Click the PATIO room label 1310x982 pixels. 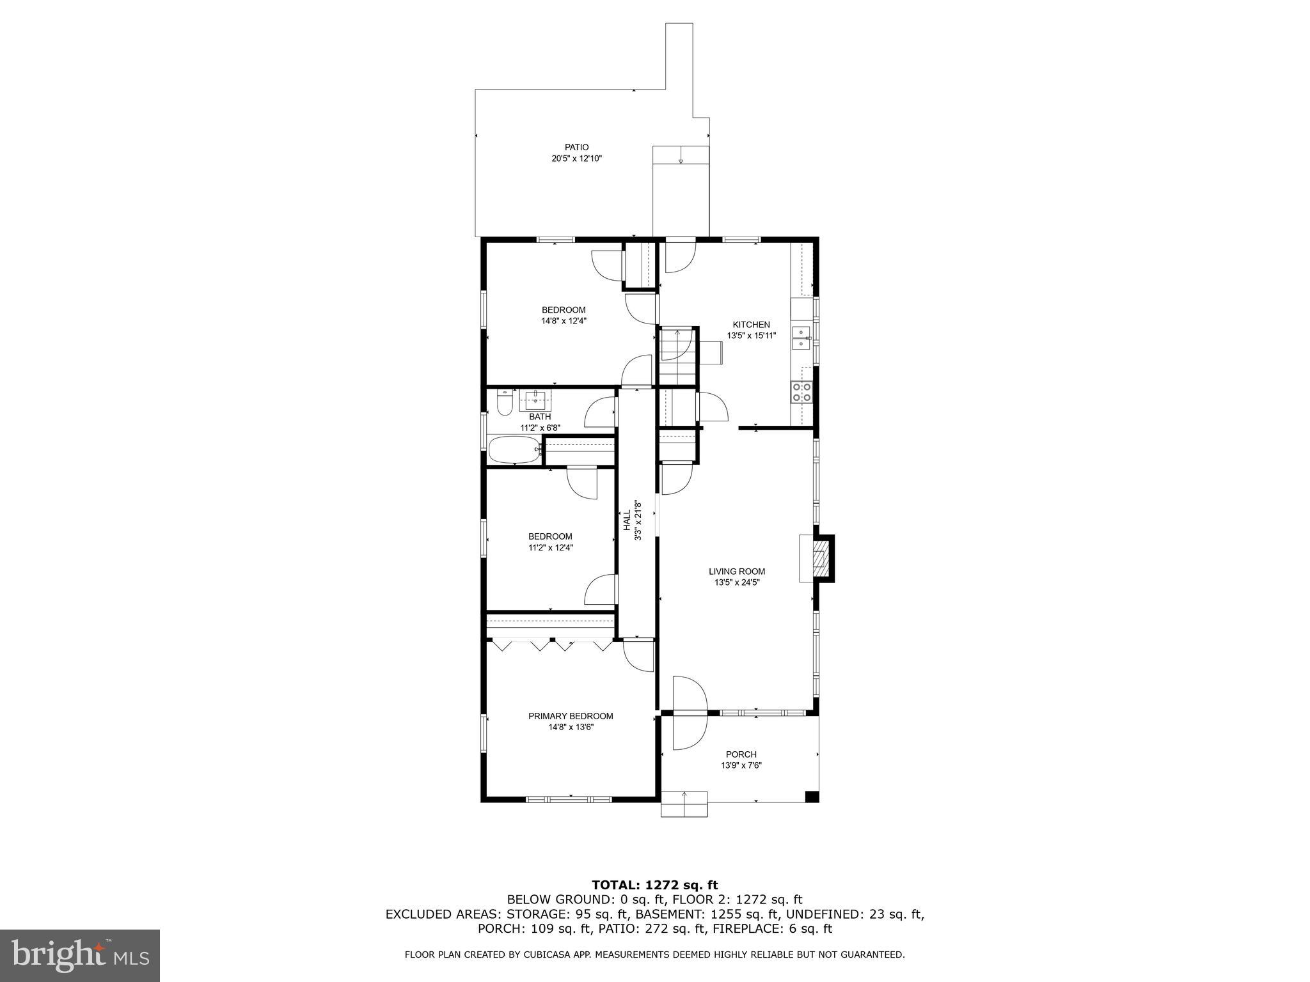(576, 148)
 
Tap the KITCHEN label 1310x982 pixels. (751, 325)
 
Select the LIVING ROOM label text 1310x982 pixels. (737, 572)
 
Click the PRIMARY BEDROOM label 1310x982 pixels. (571, 716)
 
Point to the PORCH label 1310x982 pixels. (741, 754)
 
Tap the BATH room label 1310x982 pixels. (540, 417)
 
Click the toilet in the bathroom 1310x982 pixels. (505, 403)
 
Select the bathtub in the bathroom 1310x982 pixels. (514, 450)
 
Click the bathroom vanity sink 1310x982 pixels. (535, 400)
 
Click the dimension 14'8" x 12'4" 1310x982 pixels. (564, 321)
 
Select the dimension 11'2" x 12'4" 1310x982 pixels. (550, 547)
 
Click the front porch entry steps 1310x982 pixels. (684, 804)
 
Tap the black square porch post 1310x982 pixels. (812, 796)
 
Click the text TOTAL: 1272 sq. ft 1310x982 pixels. (654, 885)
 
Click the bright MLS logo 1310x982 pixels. (80, 955)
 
